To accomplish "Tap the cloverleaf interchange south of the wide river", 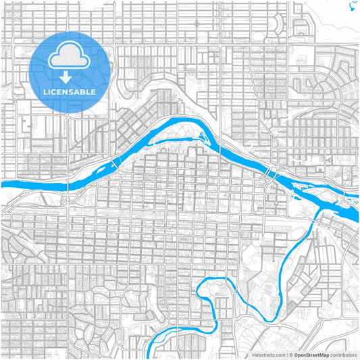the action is pyautogui.click(x=68, y=199).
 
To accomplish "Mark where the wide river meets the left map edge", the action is pyautogui.click(x=3, y=184).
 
